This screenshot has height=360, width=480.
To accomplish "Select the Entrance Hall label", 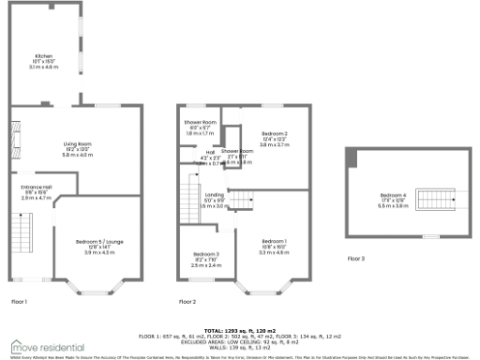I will (36, 191).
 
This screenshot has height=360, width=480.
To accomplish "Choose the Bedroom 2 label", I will (274, 139).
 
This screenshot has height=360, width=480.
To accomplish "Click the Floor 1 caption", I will (20, 302).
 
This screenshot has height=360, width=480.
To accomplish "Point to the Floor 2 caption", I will (187, 302).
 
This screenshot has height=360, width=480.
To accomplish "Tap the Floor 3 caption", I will (356, 258).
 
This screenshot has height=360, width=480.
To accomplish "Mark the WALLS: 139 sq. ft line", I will (240, 348).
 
